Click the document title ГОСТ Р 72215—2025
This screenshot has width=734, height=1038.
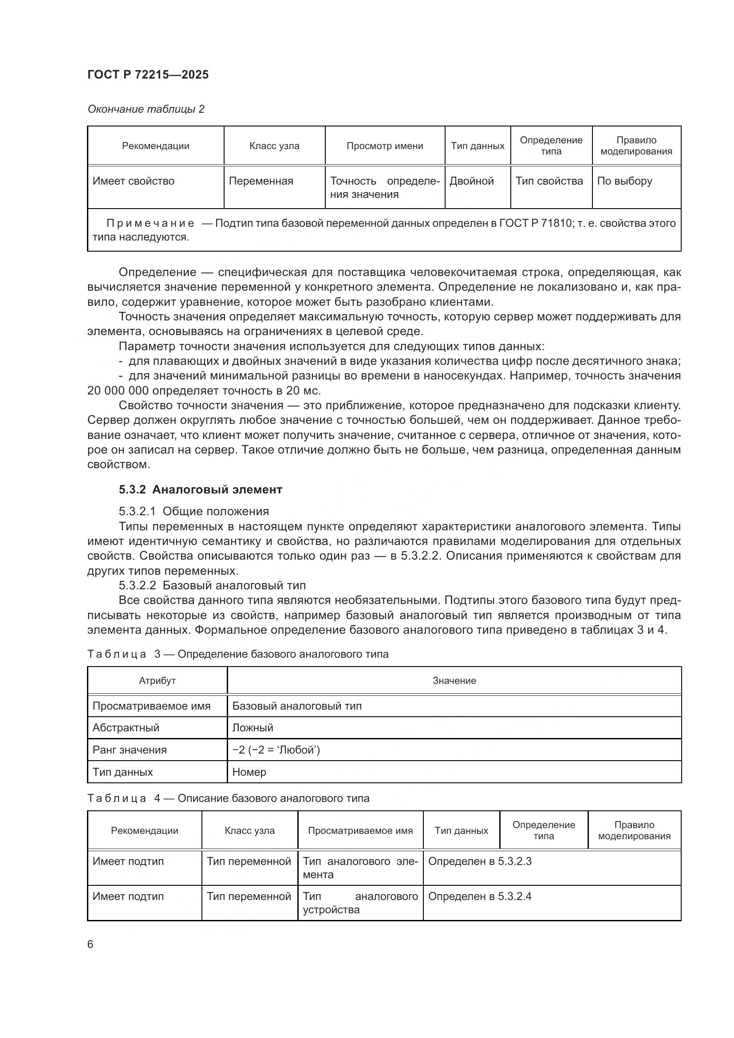(148, 75)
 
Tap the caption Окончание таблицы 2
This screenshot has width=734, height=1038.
(146, 109)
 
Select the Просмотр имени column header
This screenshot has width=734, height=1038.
(385, 146)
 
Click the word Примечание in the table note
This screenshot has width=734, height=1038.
(150, 223)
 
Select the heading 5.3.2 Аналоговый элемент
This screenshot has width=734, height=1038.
(200, 489)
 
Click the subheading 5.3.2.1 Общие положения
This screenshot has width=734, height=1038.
(193, 511)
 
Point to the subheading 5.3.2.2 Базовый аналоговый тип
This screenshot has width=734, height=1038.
(212, 585)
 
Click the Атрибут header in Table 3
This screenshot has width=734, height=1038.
(157, 680)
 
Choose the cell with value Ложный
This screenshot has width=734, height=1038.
(253, 728)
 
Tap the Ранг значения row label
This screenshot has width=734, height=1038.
(129, 750)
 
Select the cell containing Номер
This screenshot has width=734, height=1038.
(249, 772)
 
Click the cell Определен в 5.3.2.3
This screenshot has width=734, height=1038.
(480, 861)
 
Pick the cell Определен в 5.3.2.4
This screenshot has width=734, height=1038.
(480, 896)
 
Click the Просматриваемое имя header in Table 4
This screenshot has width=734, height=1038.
(360, 830)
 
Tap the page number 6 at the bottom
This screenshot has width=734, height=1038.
(91, 944)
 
